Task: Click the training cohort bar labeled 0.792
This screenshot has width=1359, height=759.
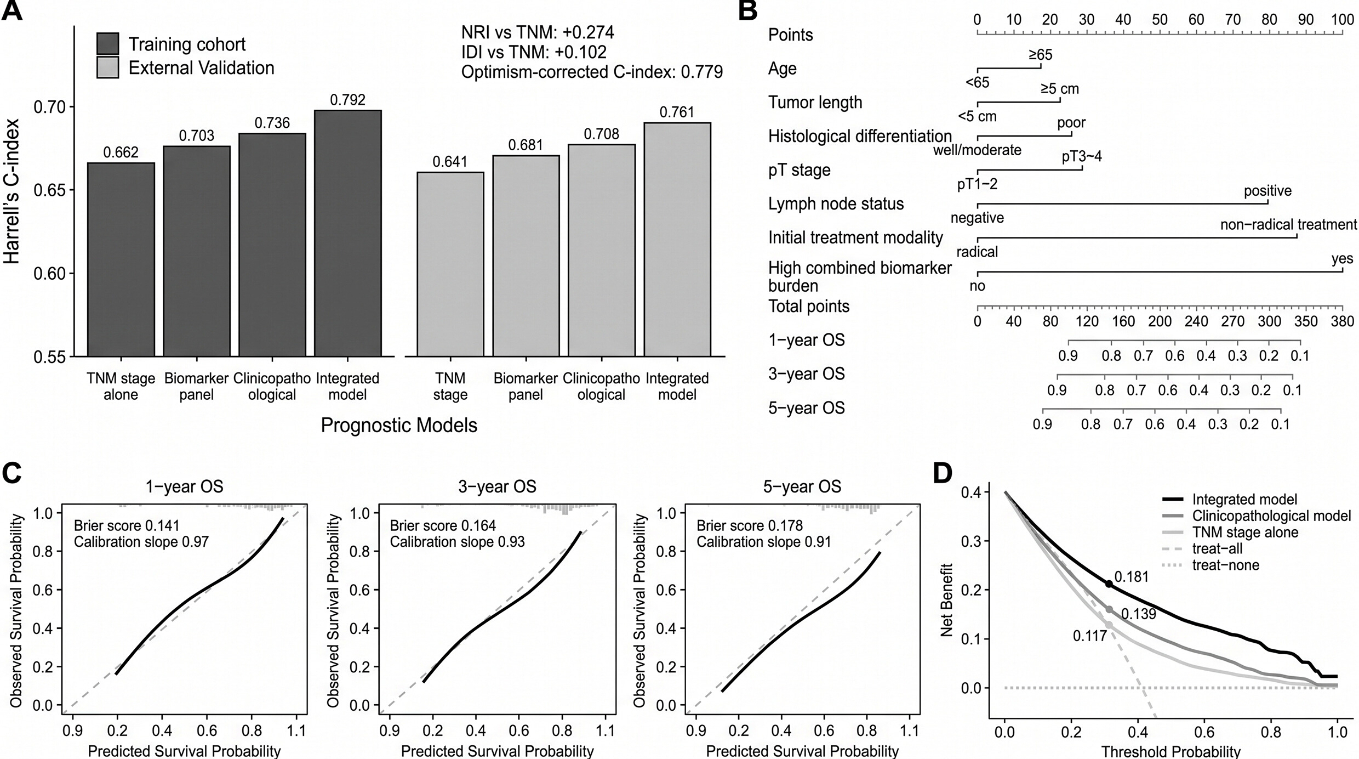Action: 348,234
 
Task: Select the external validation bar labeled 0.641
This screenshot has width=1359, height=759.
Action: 450,264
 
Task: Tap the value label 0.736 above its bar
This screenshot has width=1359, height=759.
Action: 272,122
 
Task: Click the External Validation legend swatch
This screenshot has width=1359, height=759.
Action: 107,67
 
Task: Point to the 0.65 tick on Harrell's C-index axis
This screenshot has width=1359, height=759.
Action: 50,190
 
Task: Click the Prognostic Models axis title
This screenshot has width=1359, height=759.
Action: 399,425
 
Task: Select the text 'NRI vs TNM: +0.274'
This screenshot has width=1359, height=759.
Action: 538,32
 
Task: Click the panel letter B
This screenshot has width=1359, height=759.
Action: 748,10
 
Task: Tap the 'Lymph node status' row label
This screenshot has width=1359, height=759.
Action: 836,204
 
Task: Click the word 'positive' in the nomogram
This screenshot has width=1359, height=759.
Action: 1267,191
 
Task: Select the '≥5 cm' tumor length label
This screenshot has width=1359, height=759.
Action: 1060,89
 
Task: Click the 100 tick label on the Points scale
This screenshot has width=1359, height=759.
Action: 1343,20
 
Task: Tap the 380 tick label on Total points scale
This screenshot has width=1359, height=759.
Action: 1343,321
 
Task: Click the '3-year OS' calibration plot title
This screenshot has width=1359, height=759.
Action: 497,486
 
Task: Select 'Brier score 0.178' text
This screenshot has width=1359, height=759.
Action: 750,526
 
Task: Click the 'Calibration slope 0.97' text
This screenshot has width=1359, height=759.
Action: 141,542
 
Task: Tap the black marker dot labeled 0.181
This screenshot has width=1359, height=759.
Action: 1109,584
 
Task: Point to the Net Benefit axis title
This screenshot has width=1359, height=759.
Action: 946,600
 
